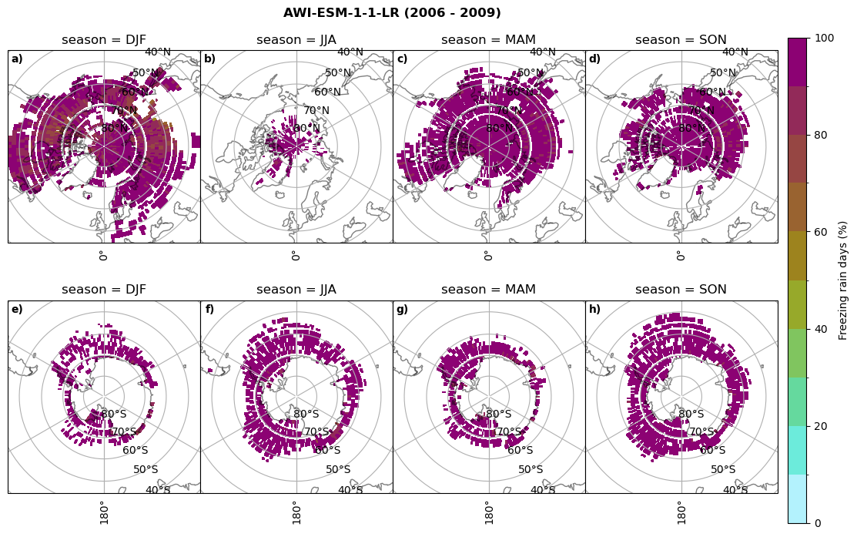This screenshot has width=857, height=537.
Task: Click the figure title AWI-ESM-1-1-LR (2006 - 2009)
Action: coord(392,13)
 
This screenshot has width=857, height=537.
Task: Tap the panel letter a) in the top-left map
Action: coord(17,59)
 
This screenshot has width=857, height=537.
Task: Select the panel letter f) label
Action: coord(209,310)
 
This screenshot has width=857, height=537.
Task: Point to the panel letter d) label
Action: coord(594,59)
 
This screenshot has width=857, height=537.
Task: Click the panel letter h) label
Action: coord(594,310)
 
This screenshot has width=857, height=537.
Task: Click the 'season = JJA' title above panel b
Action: coord(296,40)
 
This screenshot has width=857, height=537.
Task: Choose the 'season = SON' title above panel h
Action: coord(681,290)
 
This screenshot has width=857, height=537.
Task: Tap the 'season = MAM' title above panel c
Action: coord(488,40)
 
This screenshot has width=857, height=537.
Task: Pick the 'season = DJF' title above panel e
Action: coord(104,290)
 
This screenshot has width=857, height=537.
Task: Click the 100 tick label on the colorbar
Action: coord(825,39)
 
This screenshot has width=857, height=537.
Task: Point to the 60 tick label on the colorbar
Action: coord(822,232)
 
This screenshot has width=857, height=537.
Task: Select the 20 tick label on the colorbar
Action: coord(822,426)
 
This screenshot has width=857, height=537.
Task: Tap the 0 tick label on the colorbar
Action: coord(819,523)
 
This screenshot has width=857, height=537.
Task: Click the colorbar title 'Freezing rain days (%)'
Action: coord(843,280)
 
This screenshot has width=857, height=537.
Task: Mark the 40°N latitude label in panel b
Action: coord(350,52)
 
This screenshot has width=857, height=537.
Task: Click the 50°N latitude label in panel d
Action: coord(723,73)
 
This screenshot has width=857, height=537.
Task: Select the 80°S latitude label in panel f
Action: coord(306,414)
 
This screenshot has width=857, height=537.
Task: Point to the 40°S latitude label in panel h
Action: coord(735,490)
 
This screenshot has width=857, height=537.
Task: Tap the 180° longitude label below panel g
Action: coord(488,512)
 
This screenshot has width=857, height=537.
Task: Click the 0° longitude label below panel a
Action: coord(103,255)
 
